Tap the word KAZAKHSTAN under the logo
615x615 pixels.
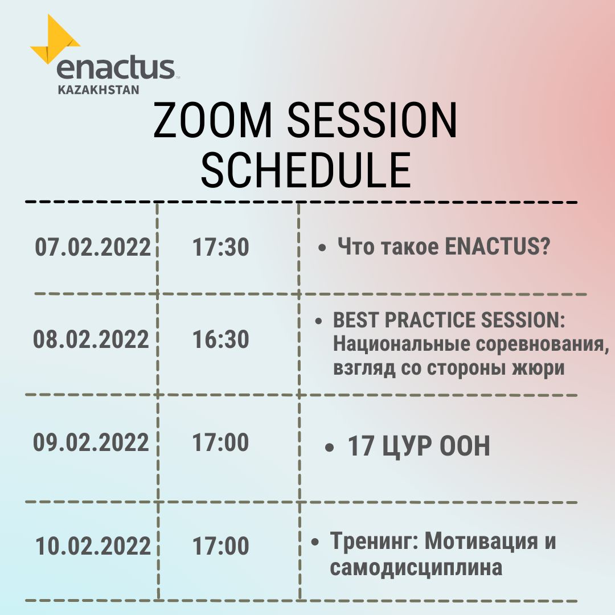click(99, 90)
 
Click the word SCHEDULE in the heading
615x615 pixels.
click(306, 170)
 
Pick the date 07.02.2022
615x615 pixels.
click(93, 247)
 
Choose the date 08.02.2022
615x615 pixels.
click(91, 339)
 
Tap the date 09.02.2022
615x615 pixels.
click(91, 442)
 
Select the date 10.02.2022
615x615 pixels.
click(93, 546)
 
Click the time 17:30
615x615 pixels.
click(221, 247)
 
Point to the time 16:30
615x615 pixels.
click(221, 339)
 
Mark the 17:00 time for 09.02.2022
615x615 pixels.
click(221, 442)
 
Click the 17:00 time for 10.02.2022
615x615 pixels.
click(221, 546)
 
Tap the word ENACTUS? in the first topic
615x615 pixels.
click(498, 247)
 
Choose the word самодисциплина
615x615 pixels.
click(416, 568)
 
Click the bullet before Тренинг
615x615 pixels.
click(315, 543)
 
